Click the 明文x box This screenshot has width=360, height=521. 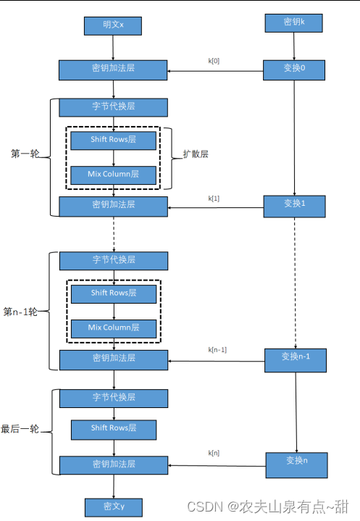click(113, 26)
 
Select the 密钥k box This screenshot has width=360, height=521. click(293, 23)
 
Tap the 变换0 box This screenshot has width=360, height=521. click(294, 70)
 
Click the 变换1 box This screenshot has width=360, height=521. click(295, 207)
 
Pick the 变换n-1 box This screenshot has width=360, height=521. click(296, 360)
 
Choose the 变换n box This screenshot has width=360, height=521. click(296, 465)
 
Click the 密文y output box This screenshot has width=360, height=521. click(114, 507)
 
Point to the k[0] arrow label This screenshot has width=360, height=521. click(214, 61)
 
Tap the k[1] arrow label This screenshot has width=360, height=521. click(214, 199)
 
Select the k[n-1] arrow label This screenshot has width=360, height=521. click(217, 349)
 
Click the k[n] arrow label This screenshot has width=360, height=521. click(214, 453)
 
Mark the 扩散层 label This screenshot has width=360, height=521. click(196, 154)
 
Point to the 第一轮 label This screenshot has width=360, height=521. click(25, 154)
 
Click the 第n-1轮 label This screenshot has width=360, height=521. click(20, 312)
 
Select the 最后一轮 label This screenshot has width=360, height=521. click(20, 429)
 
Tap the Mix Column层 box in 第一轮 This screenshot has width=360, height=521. click(113, 175)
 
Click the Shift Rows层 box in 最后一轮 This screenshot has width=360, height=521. click(114, 430)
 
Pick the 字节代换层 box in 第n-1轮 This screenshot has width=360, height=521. click(114, 261)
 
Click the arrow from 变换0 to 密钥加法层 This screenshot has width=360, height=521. click(215, 71)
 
